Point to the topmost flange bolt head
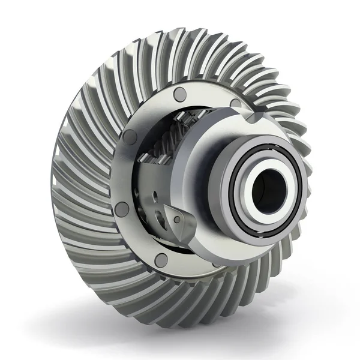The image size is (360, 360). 180,94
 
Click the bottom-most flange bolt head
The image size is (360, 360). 161,260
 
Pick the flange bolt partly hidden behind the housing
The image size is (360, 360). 235,103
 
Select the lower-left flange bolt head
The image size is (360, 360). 122,209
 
